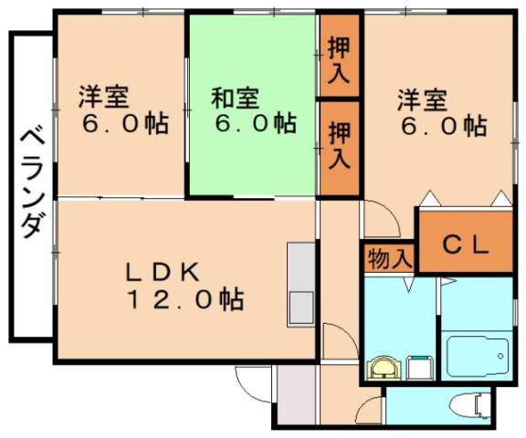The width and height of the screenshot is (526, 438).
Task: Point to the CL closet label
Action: pos(466,244)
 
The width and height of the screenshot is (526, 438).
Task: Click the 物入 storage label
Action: pos(389,258)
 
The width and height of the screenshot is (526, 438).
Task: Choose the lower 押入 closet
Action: pos(339,145)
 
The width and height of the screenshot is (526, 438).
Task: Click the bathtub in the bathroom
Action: pos(478,352)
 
